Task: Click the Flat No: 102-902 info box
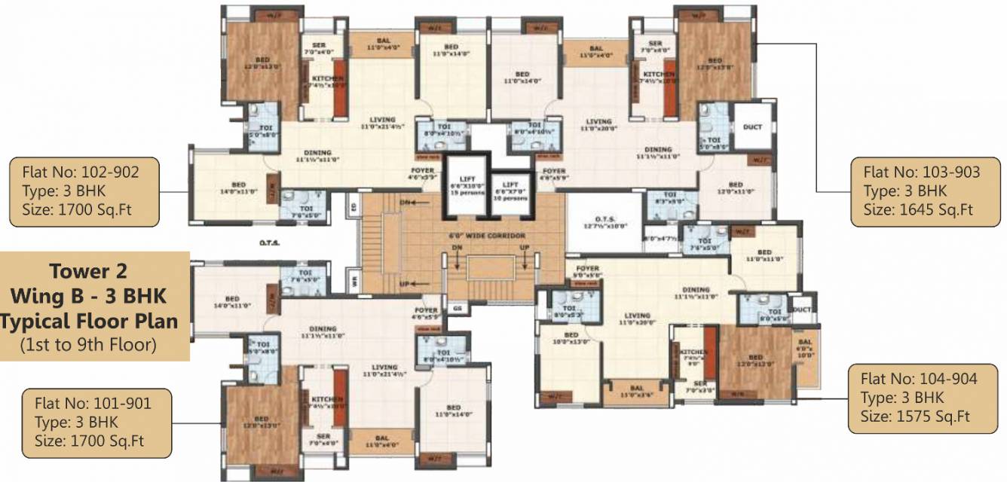(84, 191)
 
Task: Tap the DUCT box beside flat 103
(752, 128)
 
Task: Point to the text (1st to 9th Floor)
(90, 346)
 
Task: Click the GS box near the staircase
(457, 308)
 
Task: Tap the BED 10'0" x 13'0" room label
(571, 339)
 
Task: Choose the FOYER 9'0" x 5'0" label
(587, 272)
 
